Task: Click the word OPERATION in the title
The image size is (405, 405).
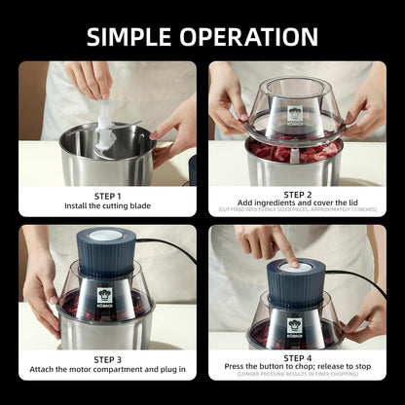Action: [256, 36]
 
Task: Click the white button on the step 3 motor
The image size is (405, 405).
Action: [102, 237]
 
